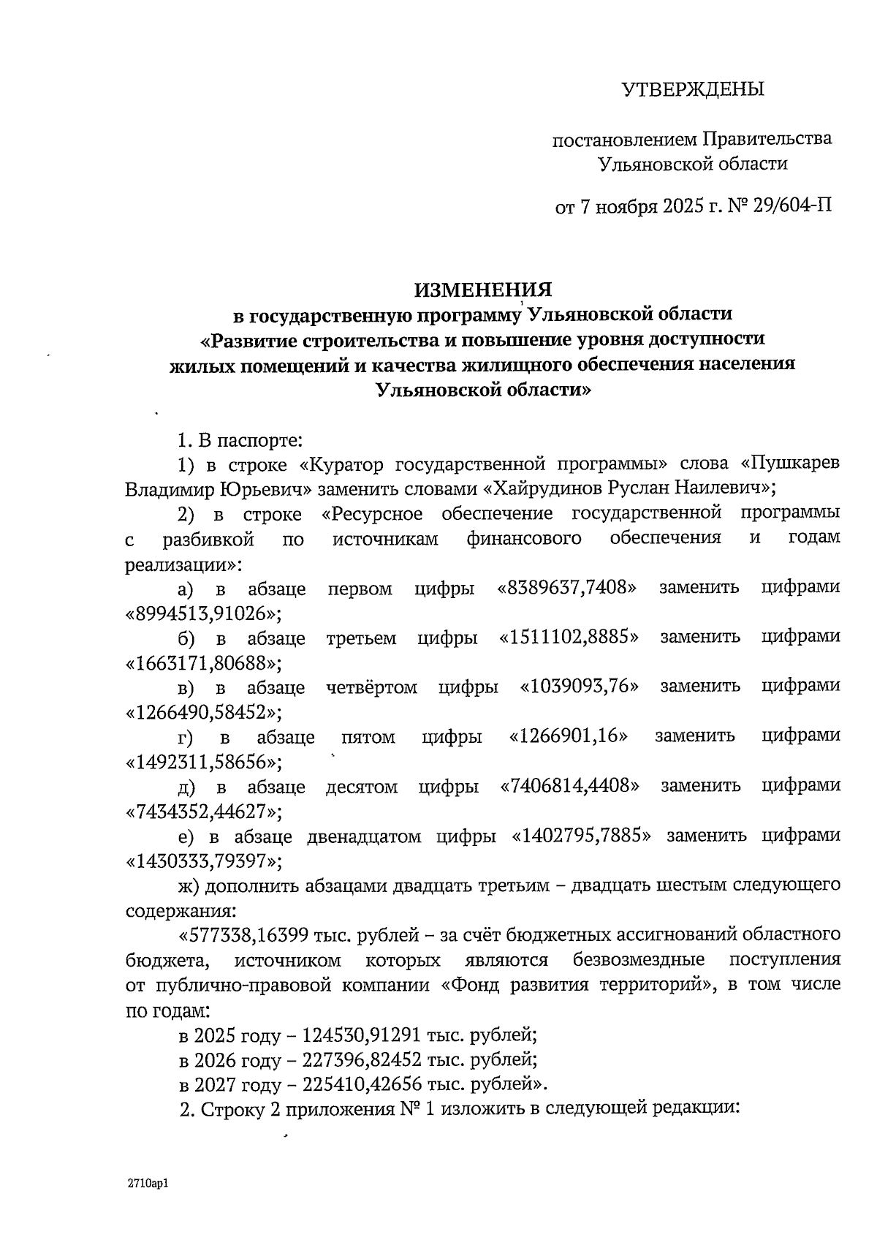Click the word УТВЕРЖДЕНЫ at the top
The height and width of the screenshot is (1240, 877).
(x=691, y=90)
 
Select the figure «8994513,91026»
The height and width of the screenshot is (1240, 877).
(x=204, y=613)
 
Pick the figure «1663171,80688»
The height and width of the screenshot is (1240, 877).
(x=204, y=662)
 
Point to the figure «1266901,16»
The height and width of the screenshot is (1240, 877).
(x=568, y=736)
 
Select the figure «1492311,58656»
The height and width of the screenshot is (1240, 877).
(x=204, y=763)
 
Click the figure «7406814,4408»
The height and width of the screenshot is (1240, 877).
(x=569, y=786)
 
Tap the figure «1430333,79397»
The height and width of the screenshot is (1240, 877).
(x=204, y=861)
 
